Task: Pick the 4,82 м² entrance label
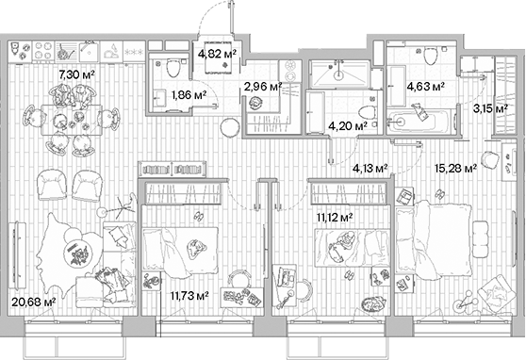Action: [x=216, y=54]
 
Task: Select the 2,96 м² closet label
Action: [x=263, y=88]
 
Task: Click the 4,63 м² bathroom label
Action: [x=425, y=88]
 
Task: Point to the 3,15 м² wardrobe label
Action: [x=488, y=107]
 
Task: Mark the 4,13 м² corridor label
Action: [x=370, y=170]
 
